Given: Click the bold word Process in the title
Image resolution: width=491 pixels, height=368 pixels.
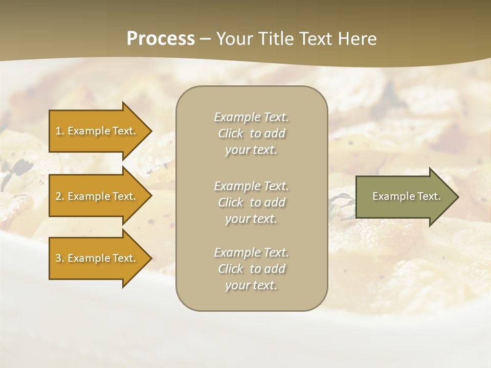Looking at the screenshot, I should (x=161, y=39).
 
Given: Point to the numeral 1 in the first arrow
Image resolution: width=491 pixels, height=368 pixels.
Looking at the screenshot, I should (x=58, y=131).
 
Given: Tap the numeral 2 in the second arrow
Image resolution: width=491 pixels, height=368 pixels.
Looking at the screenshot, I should (x=58, y=196).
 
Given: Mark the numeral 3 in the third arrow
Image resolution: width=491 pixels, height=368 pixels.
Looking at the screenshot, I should (x=58, y=258).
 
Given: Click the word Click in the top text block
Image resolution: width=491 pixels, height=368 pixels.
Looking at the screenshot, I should (x=231, y=133).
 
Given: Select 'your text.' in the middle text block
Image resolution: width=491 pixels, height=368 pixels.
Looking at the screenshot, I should (x=251, y=219).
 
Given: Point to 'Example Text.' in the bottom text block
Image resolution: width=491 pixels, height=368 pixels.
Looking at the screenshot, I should (x=251, y=252).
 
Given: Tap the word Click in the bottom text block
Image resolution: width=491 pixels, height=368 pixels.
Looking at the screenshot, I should (x=231, y=269).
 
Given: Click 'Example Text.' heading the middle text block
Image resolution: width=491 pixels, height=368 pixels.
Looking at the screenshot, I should (x=251, y=186).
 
